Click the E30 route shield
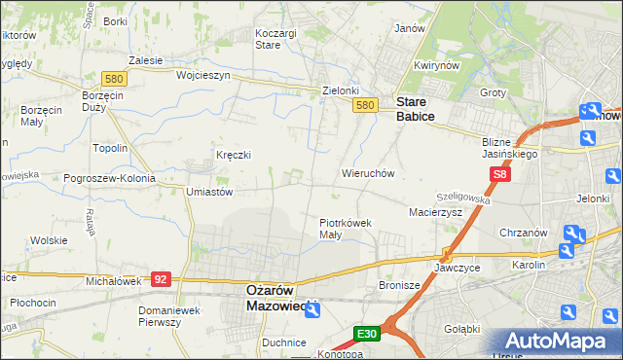tap(366, 334)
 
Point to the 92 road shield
tap(162, 279)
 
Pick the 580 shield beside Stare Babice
tap(365, 105)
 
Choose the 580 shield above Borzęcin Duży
tap(112, 79)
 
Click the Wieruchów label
tap(367, 173)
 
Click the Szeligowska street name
tap(463, 197)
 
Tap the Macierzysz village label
tap(435, 211)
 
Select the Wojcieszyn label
tap(202, 75)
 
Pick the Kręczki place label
tap(234, 155)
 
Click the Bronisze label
tap(398, 286)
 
